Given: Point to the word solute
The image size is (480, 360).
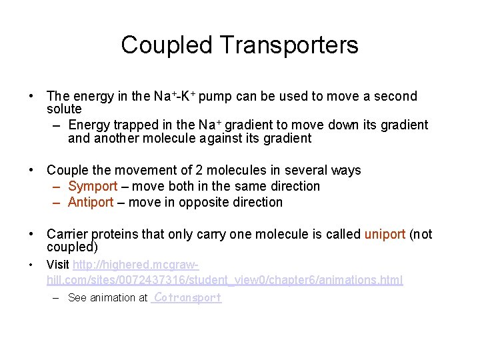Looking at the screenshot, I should (x=64, y=109).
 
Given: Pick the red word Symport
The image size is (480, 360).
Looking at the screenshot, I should (x=93, y=187).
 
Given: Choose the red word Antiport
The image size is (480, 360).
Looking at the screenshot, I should (x=91, y=202).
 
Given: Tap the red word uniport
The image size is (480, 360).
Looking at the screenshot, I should (x=385, y=235).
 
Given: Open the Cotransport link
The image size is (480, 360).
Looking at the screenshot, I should (x=187, y=298).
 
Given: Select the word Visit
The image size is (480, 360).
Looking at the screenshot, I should (x=58, y=265).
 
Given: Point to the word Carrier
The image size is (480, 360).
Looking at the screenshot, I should (x=67, y=235).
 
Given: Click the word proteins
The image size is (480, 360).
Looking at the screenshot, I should (x=113, y=235).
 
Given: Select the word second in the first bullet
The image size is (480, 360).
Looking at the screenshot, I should (x=398, y=97).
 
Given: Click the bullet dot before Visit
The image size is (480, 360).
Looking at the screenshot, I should (x=32, y=266).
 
